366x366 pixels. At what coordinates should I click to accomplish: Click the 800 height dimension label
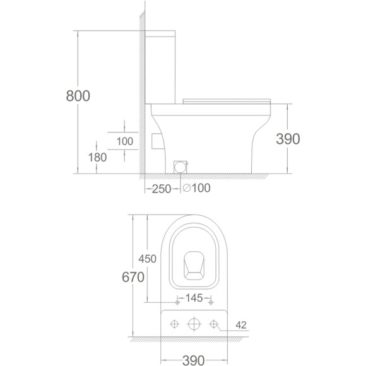(78, 96)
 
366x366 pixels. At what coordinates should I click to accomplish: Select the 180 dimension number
(97, 157)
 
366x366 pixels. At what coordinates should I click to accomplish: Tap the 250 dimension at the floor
(162, 189)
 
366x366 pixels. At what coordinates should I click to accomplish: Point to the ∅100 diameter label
(196, 188)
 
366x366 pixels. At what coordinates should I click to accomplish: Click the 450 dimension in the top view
(147, 259)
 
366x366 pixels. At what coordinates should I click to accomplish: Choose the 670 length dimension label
(133, 277)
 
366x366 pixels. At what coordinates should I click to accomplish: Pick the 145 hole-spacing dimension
(194, 298)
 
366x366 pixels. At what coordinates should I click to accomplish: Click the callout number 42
(241, 325)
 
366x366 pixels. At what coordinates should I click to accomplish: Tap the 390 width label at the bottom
(194, 360)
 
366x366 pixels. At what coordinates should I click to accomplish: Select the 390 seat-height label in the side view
(288, 139)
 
